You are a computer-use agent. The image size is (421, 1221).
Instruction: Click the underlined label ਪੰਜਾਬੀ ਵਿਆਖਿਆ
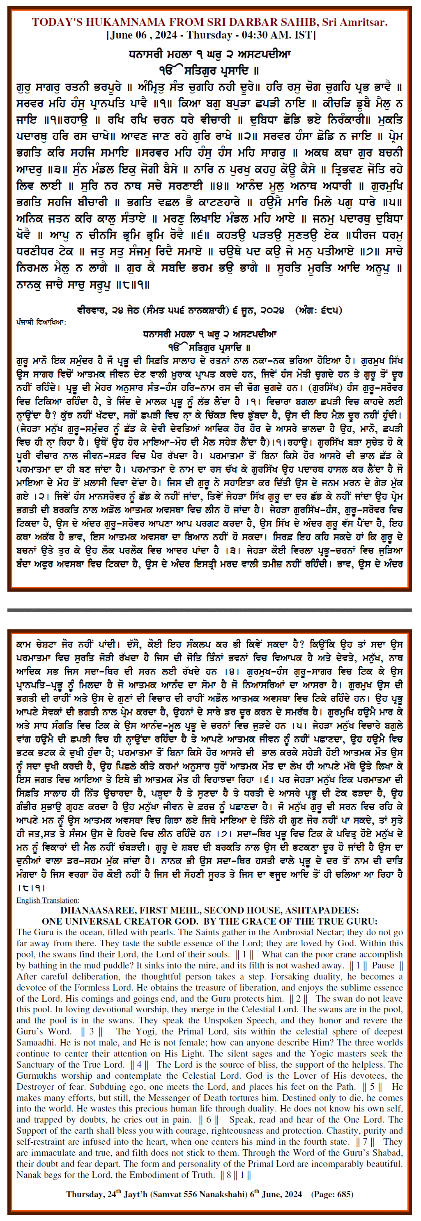click(40, 322)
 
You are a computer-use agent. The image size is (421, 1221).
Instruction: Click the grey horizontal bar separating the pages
click(210, 610)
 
